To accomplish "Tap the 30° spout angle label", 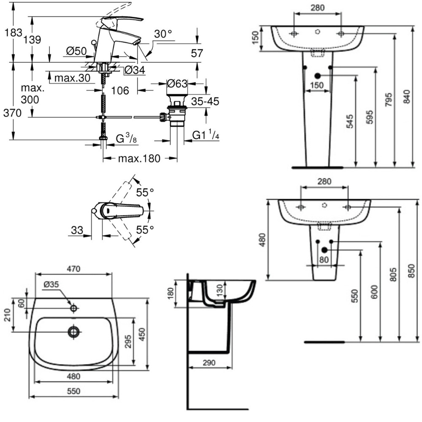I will [x=163, y=34].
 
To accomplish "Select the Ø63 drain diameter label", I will [x=176, y=84].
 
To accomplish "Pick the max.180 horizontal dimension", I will [x=139, y=159].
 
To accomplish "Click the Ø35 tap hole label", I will [x=51, y=284].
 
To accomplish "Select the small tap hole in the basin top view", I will [x=73, y=308].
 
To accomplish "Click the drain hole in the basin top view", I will [x=74, y=332].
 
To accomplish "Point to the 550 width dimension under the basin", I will [x=73, y=391].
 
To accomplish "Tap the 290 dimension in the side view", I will [x=209, y=362].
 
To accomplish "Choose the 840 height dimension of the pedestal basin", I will [x=406, y=97].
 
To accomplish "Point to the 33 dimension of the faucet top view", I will [x=77, y=230].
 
